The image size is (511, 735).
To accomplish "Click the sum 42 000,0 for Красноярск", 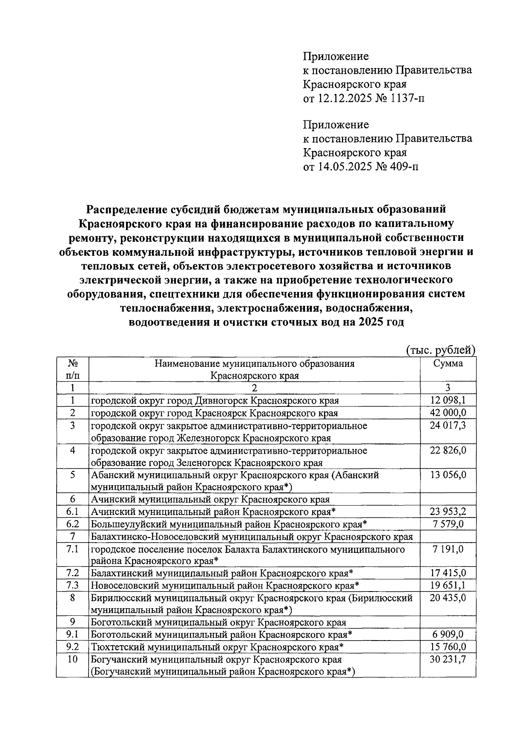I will tap(448, 413).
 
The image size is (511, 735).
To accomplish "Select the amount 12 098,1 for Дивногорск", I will tap(448, 400).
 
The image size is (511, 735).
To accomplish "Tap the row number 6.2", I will tap(72, 524).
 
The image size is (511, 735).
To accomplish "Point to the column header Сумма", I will tap(448, 363).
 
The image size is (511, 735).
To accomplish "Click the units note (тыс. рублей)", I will tap(440, 350).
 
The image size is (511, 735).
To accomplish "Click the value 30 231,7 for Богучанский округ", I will tap(448, 672).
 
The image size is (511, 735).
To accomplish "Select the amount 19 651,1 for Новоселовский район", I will tap(448, 586).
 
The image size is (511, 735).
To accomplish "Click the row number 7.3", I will tap(72, 586).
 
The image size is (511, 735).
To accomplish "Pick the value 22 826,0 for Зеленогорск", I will tap(448, 450).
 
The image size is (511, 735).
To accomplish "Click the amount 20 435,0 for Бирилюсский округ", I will tap(448, 598).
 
